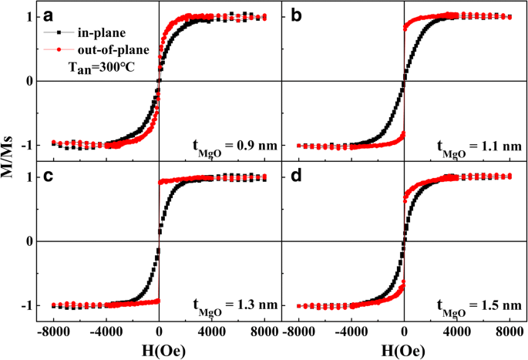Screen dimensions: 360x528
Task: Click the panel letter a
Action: [x=49, y=16]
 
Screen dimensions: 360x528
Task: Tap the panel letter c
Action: [x=49, y=177]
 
